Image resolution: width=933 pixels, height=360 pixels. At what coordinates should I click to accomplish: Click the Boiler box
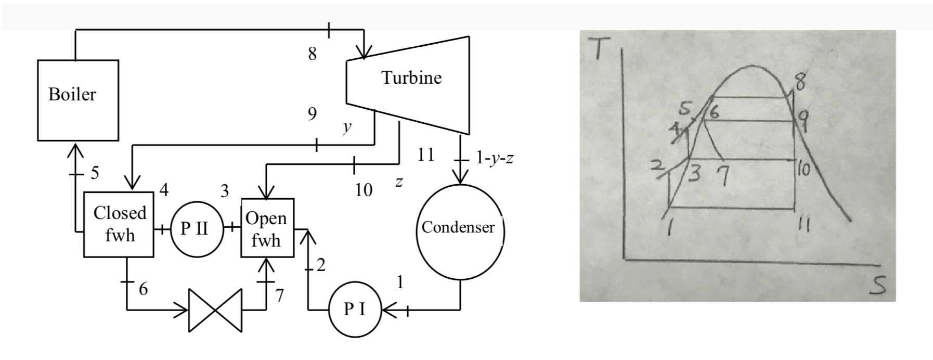77,100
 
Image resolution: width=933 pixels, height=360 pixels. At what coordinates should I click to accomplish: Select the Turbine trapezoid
411,83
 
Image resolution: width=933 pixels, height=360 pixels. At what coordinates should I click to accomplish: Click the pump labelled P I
355,310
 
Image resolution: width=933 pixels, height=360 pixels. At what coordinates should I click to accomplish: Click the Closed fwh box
119,224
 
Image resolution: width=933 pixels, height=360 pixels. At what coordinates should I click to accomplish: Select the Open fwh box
267,228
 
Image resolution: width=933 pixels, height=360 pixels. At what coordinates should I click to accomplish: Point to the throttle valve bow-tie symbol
215,311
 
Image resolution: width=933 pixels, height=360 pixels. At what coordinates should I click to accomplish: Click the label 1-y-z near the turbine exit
495,158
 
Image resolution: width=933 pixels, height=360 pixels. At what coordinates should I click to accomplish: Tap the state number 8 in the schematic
312,54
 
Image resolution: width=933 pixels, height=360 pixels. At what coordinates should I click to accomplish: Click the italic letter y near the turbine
347,128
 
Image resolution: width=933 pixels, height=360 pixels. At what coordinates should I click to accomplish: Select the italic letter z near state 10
398,182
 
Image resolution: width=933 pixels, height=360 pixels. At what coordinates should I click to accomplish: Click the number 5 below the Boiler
94,173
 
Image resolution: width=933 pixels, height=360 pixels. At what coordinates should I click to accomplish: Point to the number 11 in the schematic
425,155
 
